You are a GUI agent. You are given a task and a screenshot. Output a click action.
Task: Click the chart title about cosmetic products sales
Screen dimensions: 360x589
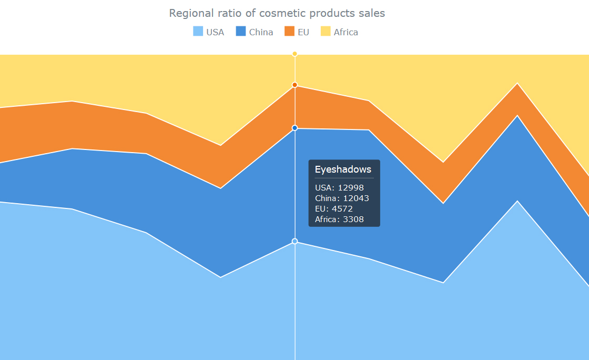coord(277,13)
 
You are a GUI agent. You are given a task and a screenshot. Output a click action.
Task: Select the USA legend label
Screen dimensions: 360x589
coord(215,32)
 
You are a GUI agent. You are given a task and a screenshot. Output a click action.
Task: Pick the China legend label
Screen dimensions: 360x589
coord(261,32)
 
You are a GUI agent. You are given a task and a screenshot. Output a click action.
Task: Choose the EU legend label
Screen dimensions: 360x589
coord(303,32)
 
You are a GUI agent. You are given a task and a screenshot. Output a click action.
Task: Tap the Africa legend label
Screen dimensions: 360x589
coord(346,32)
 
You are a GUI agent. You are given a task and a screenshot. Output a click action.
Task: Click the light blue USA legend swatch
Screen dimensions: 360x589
coord(198,32)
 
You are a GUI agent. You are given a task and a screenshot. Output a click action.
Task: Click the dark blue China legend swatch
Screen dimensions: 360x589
coord(241,32)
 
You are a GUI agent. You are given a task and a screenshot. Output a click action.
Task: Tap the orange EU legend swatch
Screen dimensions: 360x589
coord(290,32)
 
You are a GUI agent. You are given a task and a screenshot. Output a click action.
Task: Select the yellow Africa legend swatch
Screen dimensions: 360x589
coord(326,32)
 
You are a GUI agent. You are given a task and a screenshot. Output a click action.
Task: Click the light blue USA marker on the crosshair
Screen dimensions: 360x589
coord(294,241)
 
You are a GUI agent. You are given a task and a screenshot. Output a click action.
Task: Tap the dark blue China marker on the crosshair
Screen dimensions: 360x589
coord(294,128)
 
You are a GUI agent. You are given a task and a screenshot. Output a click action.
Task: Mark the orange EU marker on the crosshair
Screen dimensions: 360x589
coord(294,85)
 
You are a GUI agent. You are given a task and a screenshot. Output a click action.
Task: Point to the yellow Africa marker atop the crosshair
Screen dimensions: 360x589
coord(294,54)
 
